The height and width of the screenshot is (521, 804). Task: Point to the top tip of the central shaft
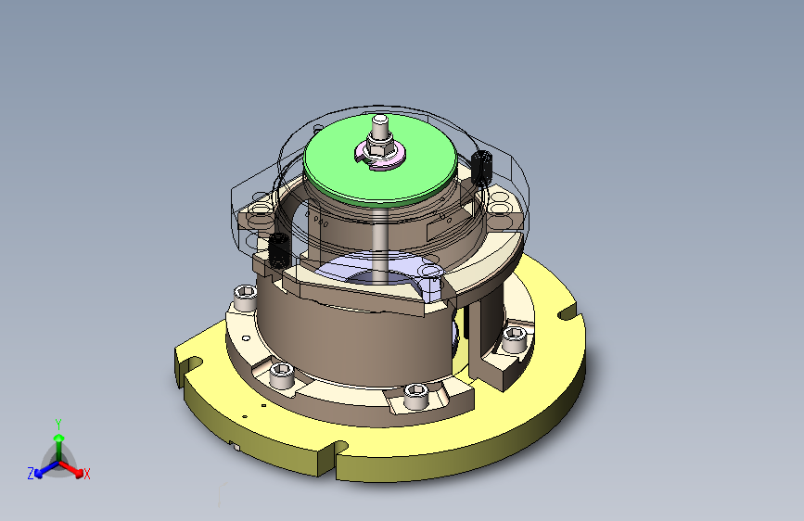(x=380, y=120)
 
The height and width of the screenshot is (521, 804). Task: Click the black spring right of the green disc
(x=480, y=167)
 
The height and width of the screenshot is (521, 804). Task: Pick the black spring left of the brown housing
(x=276, y=248)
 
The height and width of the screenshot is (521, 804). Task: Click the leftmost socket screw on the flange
(x=244, y=297)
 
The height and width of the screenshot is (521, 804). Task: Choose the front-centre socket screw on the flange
(x=415, y=396)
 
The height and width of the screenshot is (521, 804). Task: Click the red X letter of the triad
(x=87, y=475)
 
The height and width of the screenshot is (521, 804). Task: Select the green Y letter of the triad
(x=58, y=422)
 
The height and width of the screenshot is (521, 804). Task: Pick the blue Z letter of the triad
(x=30, y=474)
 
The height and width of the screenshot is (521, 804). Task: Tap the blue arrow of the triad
(x=42, y=469)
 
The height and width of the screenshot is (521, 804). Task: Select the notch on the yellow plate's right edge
(x=568, y=314)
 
